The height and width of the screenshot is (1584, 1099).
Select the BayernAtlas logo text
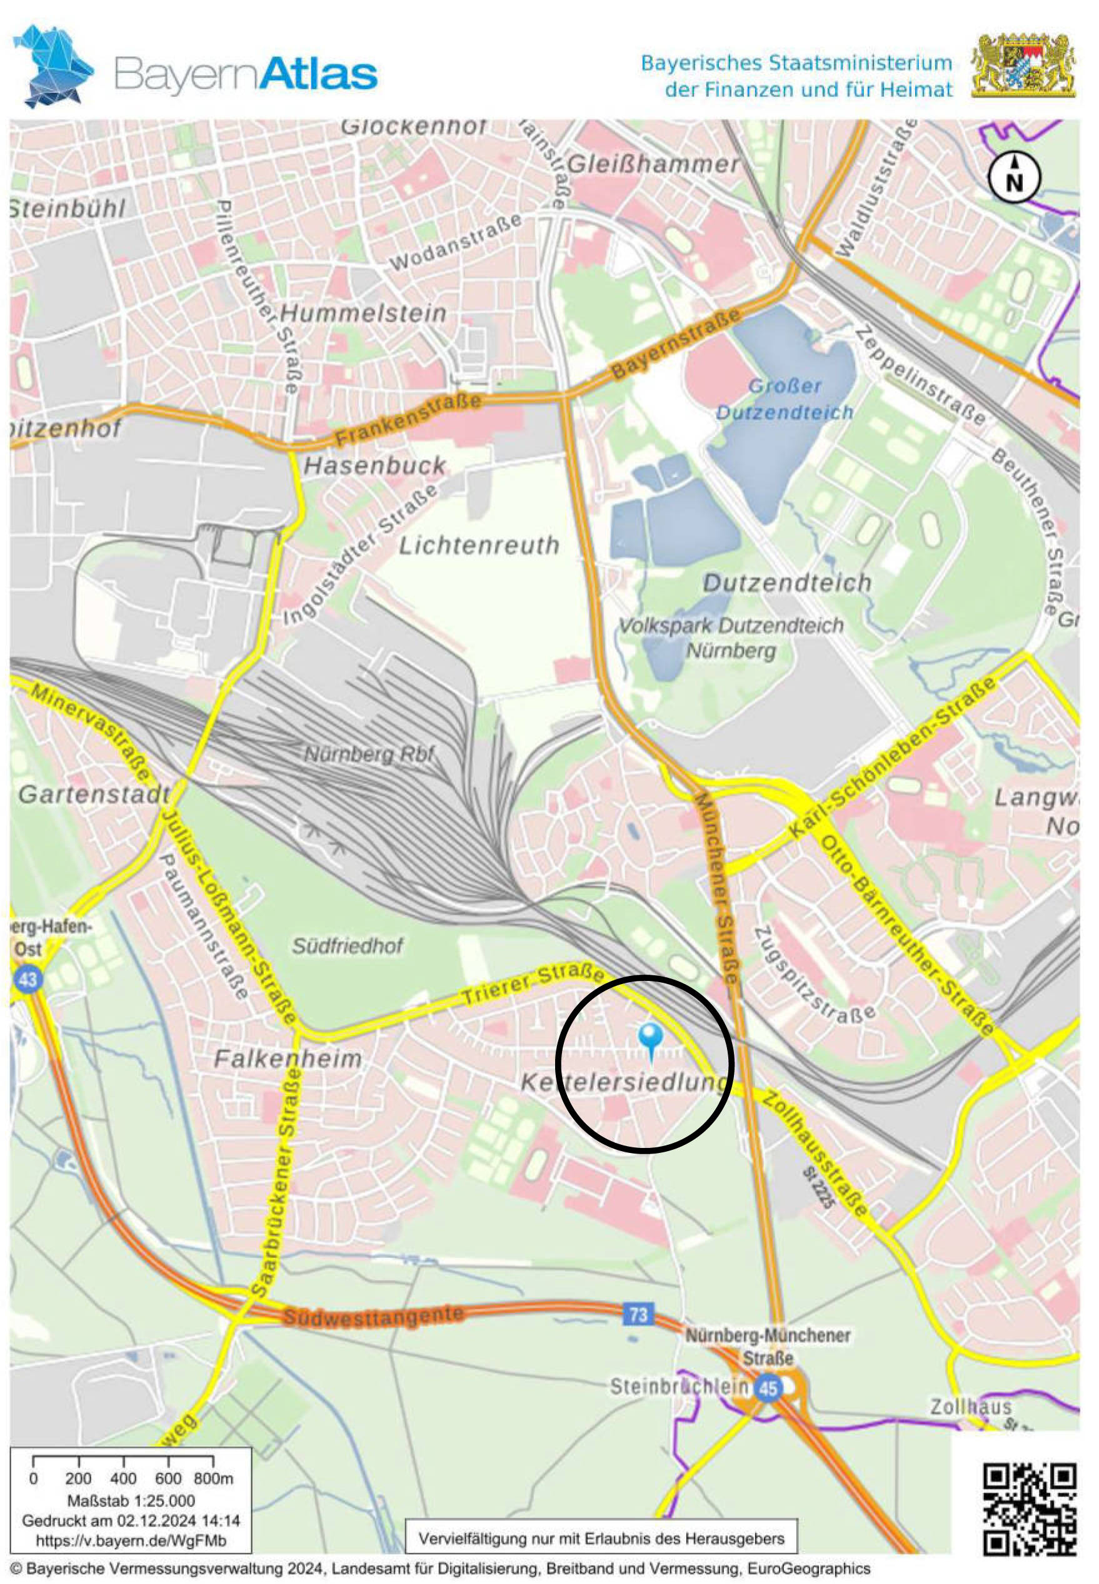pyautogui.click(x=246, y=74)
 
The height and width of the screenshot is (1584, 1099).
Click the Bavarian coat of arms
pyautogui.click(x=1023, y=66)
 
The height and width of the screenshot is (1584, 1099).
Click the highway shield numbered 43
pyautogui.click(x=28, y=979)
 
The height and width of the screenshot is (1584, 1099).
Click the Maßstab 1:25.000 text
pyautogui.click(x=131, y=1501)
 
